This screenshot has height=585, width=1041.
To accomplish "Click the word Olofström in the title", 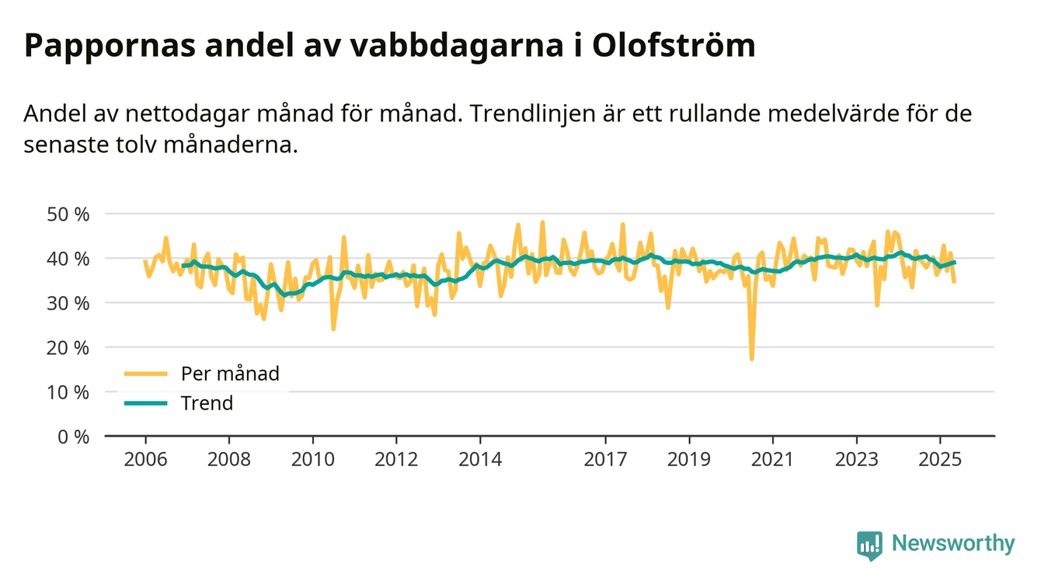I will [674, 45].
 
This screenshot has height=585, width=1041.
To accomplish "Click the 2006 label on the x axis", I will [145, 459].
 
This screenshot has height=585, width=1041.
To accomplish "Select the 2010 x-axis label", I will [313, 459].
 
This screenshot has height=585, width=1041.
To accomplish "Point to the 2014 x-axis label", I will [480, 459].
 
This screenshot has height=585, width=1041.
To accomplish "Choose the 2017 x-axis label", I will [606, 459].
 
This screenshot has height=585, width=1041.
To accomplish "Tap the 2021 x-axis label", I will [773, 459].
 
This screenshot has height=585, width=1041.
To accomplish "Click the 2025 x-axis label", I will [941, 459].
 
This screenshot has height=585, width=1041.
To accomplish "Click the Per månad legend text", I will [230, 374].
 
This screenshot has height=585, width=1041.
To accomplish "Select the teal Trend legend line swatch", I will [145, 403].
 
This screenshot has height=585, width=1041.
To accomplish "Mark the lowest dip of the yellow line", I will [751, 358].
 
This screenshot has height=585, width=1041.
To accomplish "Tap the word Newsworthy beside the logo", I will [953, 544].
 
